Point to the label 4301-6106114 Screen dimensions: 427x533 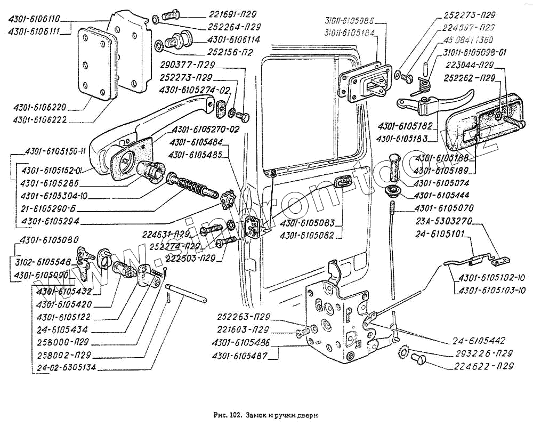(234, 40)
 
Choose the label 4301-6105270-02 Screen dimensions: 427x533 (205, 130)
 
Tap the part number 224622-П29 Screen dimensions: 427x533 (486, 366)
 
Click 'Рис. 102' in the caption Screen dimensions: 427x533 (223, 415)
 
